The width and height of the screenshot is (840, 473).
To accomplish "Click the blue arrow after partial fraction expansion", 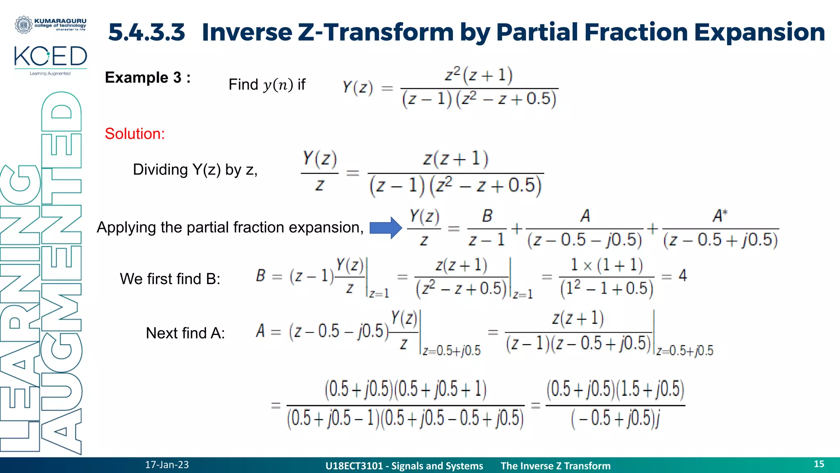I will click(385, 227).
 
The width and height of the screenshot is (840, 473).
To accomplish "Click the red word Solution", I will click(135, 134).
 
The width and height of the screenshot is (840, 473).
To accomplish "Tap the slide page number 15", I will click(819, 464).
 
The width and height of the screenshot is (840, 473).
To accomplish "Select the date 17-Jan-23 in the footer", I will click(167, 465).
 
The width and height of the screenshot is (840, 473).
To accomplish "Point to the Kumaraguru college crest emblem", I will click(23, 25).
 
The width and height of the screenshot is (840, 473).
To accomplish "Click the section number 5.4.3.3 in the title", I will click(146, 32).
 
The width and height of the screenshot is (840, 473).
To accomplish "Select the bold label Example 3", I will click(148, 78).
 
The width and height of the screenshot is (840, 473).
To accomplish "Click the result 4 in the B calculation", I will click(682, 276).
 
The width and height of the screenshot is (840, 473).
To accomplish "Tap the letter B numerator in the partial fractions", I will click(487, 216).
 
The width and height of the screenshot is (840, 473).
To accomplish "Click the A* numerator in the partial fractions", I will click(720, 216).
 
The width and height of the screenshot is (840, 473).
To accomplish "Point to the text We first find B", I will click(170, 279).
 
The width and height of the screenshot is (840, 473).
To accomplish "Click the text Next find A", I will click(185, 333).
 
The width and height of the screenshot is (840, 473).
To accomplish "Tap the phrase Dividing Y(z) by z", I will click(195, 170).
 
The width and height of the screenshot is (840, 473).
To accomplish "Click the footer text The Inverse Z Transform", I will click(555, 466).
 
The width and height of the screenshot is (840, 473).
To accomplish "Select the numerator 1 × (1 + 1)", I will click(607, 265).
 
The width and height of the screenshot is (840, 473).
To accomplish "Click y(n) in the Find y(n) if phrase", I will click(278, 85).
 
